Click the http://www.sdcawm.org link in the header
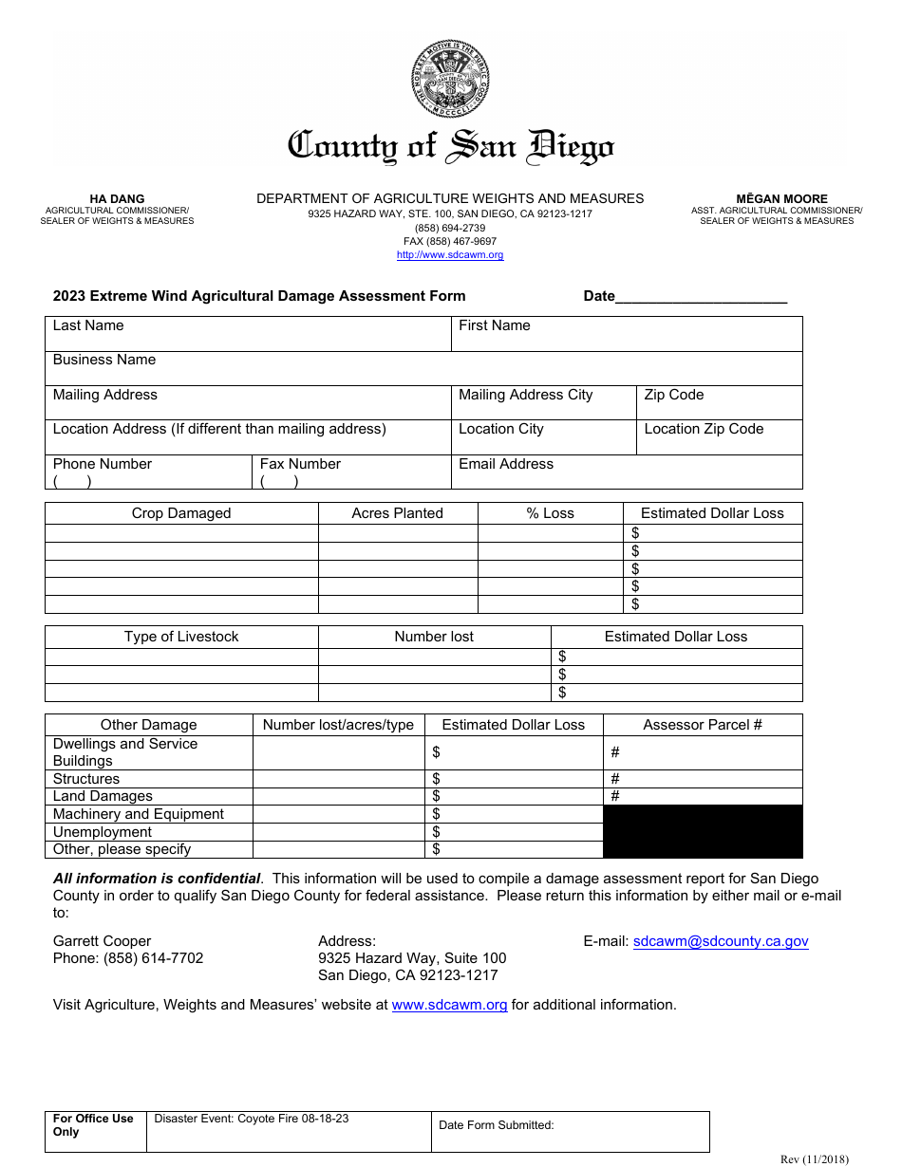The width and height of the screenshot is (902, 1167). click(450, 255)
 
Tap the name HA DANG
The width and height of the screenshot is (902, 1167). click(117, 199)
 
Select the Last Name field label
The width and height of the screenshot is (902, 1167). click(88, 325)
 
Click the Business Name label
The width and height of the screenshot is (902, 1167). click(104, 360)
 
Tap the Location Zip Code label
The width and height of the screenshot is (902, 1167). click(704, 429)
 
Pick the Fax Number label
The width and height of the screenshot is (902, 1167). click(300, 464)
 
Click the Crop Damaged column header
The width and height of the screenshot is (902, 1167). click(181, 513)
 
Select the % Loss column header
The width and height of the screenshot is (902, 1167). click(550, 513)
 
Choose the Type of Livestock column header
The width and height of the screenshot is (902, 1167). click(181, 637)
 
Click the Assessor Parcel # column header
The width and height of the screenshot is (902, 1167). click(703, 725)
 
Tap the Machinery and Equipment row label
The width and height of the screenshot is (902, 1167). click(139, 814)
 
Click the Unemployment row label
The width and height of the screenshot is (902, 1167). click(103, 832)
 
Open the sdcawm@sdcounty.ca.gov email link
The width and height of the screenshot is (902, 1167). click(721, 941)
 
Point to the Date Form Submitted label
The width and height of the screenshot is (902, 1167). click(496, 1125)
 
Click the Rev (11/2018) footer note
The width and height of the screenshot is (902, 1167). click(814, 1158)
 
